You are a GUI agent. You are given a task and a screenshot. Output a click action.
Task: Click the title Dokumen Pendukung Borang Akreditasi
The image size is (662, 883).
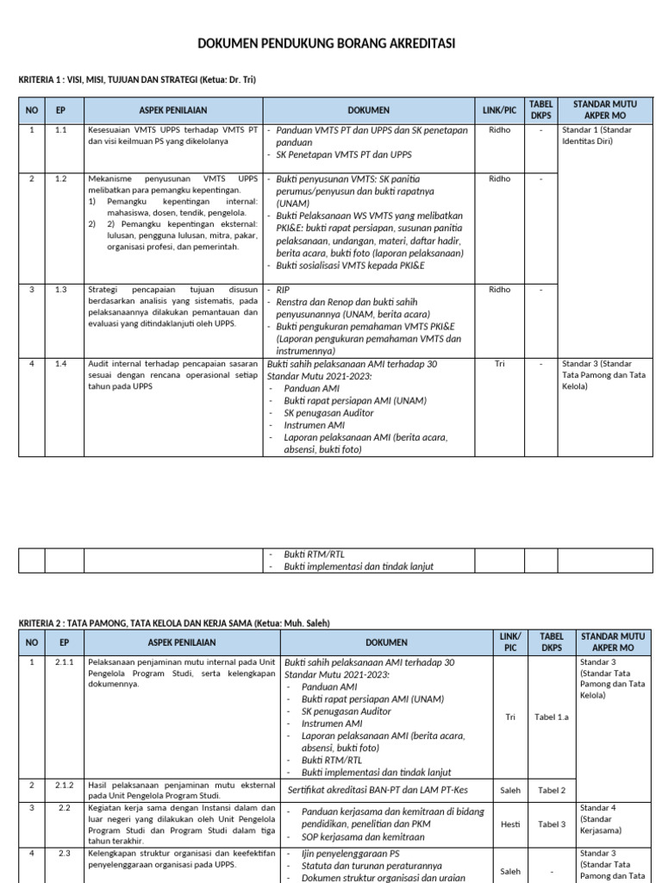[327, 43]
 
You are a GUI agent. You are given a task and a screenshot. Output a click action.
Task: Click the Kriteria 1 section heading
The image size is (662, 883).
[137, 80]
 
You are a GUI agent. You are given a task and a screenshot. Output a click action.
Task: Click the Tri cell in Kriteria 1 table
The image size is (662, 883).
[499, 364]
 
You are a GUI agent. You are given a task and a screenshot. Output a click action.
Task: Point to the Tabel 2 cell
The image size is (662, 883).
[552, 790]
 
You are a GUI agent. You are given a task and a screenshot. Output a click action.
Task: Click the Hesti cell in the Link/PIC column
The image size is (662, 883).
[510, 824]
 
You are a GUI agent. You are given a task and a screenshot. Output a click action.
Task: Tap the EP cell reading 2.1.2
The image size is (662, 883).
[65, 786]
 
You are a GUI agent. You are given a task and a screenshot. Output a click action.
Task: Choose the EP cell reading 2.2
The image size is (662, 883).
[65, 808]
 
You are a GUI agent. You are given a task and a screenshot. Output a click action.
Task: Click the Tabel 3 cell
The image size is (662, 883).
[552, 824]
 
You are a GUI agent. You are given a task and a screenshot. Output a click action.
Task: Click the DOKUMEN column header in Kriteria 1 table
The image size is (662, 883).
[368, 110]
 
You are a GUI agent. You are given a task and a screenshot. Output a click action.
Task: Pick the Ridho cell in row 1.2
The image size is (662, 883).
[499, 178]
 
